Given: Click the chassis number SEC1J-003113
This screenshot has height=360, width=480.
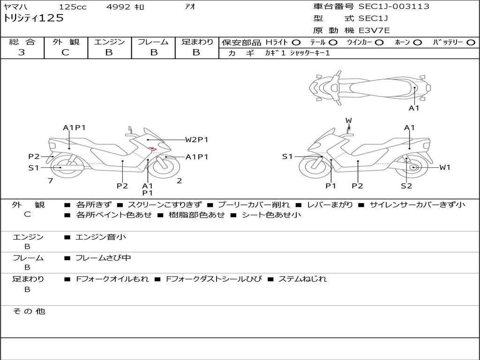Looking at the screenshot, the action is (x=394, y=7).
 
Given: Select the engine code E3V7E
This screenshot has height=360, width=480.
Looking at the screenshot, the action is (x=374, y=30).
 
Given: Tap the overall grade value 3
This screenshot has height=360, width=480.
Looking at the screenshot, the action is (x=22, y=52).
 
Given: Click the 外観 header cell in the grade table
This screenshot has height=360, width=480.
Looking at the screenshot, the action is (x=66, y=42).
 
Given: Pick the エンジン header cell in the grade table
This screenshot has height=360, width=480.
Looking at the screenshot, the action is (x=109, y=42).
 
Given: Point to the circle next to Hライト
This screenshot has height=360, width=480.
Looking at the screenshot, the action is (x=296, y=43).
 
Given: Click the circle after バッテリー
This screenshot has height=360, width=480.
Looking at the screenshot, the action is (x=471, y=43).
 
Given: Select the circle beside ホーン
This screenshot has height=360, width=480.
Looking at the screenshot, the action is (x=417, y=43).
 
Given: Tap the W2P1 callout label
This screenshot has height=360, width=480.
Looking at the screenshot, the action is (x=196, y=140).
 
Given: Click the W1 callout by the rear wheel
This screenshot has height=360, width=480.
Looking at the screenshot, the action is (x=444, y=167).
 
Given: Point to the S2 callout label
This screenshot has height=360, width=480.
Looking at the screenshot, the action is (x=406, y=186).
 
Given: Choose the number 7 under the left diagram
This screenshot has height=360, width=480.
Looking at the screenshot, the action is (x=50, y=180).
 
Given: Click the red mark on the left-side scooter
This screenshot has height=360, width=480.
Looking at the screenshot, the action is (x=151, y=149).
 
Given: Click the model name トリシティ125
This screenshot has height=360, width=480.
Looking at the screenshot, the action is (x=33, y=18).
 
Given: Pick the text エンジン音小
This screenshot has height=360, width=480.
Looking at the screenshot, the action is (x=101, y=237).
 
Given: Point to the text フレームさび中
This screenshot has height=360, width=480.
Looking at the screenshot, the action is (x=103, y=258).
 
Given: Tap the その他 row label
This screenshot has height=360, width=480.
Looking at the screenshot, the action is (x=29, y=311).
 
